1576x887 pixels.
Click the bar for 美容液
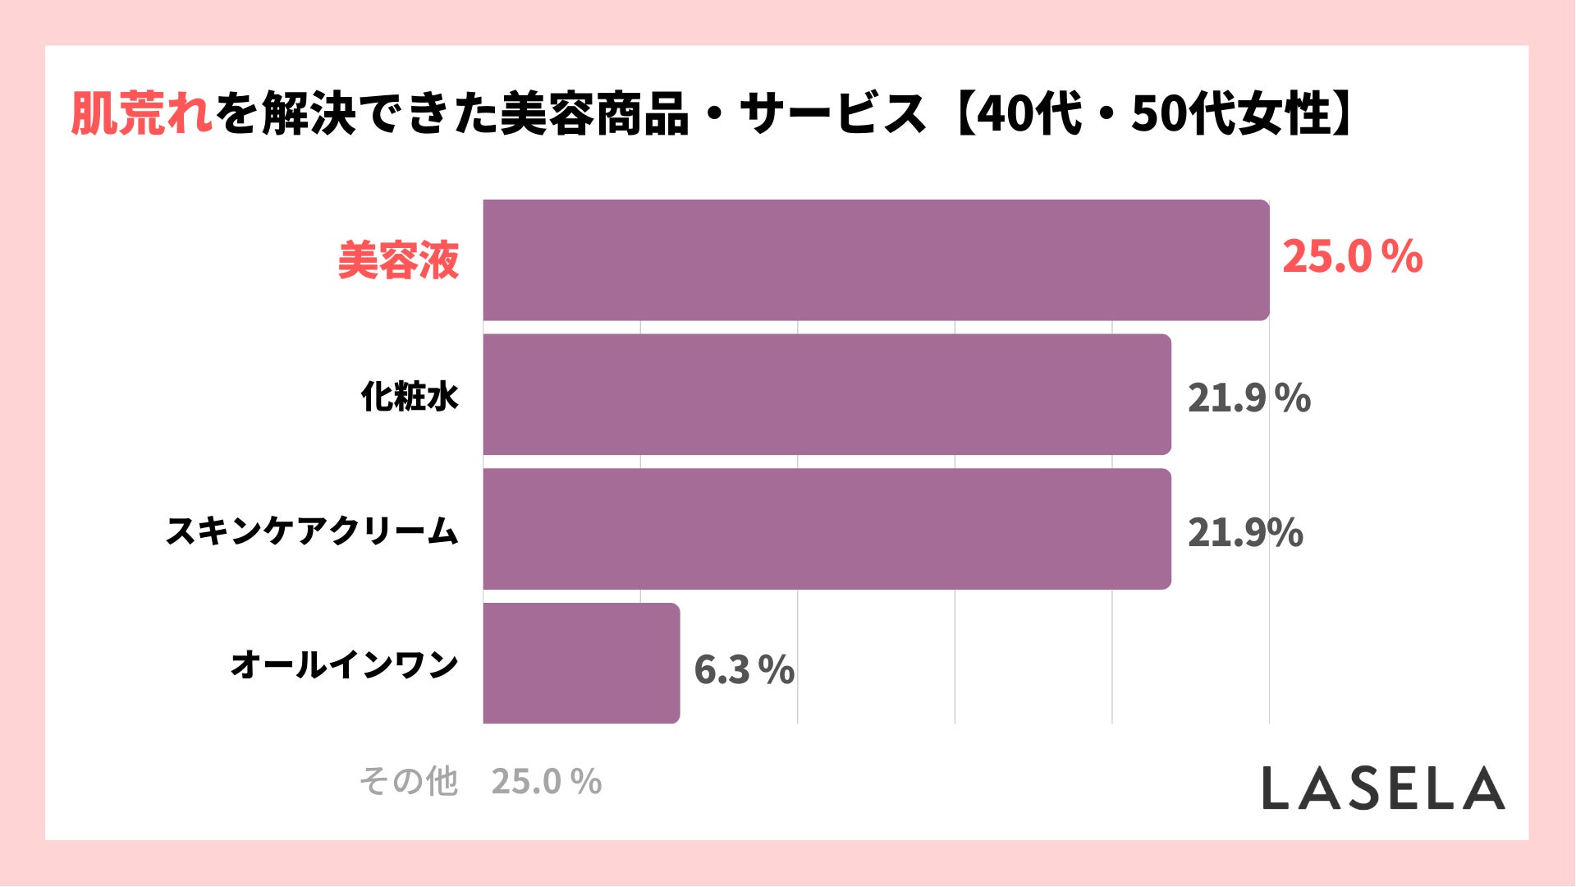pos(876,260)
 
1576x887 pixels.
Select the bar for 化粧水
pos(827,394)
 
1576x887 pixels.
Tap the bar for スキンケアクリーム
pos(827,529)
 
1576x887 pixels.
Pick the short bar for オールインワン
pos(581,664)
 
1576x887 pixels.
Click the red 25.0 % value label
pos(1351,257)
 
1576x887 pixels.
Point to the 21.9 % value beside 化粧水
pos(1248,398)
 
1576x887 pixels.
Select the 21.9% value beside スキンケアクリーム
pos(1245,533)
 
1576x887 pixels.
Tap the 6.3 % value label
pos(744,669)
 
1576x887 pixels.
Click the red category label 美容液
pos(398,261)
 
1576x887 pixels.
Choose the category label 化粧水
pos(410,397)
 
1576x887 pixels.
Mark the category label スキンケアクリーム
pos(312,531)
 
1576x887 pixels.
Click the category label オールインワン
pos(344,664)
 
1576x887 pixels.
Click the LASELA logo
pos(1383,788)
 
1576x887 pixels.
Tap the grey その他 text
pos(408,781)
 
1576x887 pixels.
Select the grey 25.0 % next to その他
pos(546,782)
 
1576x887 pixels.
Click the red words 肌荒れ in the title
pos(141,113)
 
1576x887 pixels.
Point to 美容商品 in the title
pos(594,113)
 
